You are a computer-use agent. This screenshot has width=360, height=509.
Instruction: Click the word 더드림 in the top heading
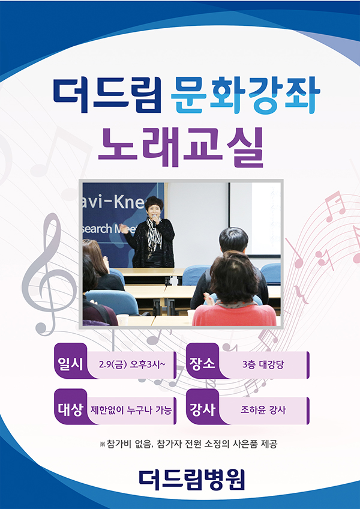107,94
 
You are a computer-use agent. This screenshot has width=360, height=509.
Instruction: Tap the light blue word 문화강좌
246,94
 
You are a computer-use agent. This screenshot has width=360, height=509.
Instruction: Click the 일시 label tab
70,364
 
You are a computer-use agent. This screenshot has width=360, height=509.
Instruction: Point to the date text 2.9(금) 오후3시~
132,364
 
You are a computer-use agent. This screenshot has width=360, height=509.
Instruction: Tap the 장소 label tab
202,364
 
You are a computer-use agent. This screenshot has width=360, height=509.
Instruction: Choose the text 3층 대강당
263,364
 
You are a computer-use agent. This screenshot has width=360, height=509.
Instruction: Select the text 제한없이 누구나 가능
131,411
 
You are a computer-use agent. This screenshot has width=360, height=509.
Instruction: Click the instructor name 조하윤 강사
263,411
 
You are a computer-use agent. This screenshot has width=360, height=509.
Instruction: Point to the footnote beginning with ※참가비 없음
188,444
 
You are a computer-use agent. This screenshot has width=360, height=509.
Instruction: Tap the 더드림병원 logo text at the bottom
191,480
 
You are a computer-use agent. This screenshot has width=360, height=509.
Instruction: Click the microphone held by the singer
155,217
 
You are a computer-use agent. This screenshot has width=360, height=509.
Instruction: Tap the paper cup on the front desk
122,320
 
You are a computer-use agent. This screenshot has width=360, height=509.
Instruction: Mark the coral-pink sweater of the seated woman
234,315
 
